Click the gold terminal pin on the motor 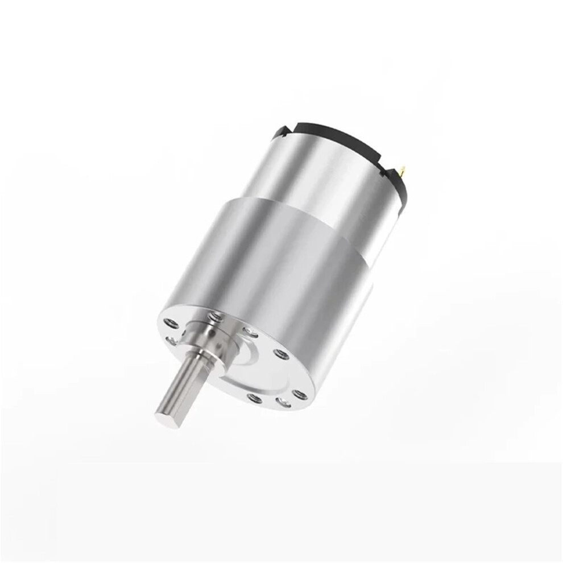coord(403,170)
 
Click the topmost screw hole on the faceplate coord(216,316)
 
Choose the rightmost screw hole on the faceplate coord(300,395)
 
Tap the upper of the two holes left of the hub coord(169,324)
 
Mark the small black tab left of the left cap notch coord(276,134)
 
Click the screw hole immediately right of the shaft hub coord(249,332)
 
